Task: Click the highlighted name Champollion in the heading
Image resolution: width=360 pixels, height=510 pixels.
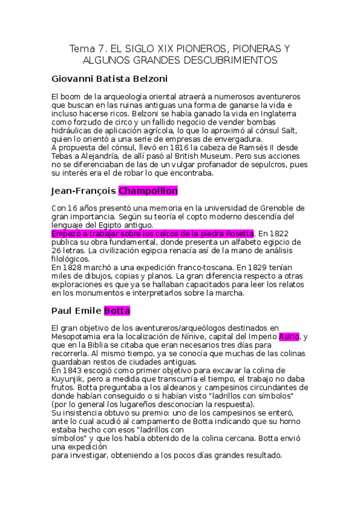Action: coord(148,191)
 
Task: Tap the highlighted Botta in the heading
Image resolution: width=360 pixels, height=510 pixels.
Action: coord(117,311)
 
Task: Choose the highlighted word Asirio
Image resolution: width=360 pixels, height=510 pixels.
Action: coord(290,337)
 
